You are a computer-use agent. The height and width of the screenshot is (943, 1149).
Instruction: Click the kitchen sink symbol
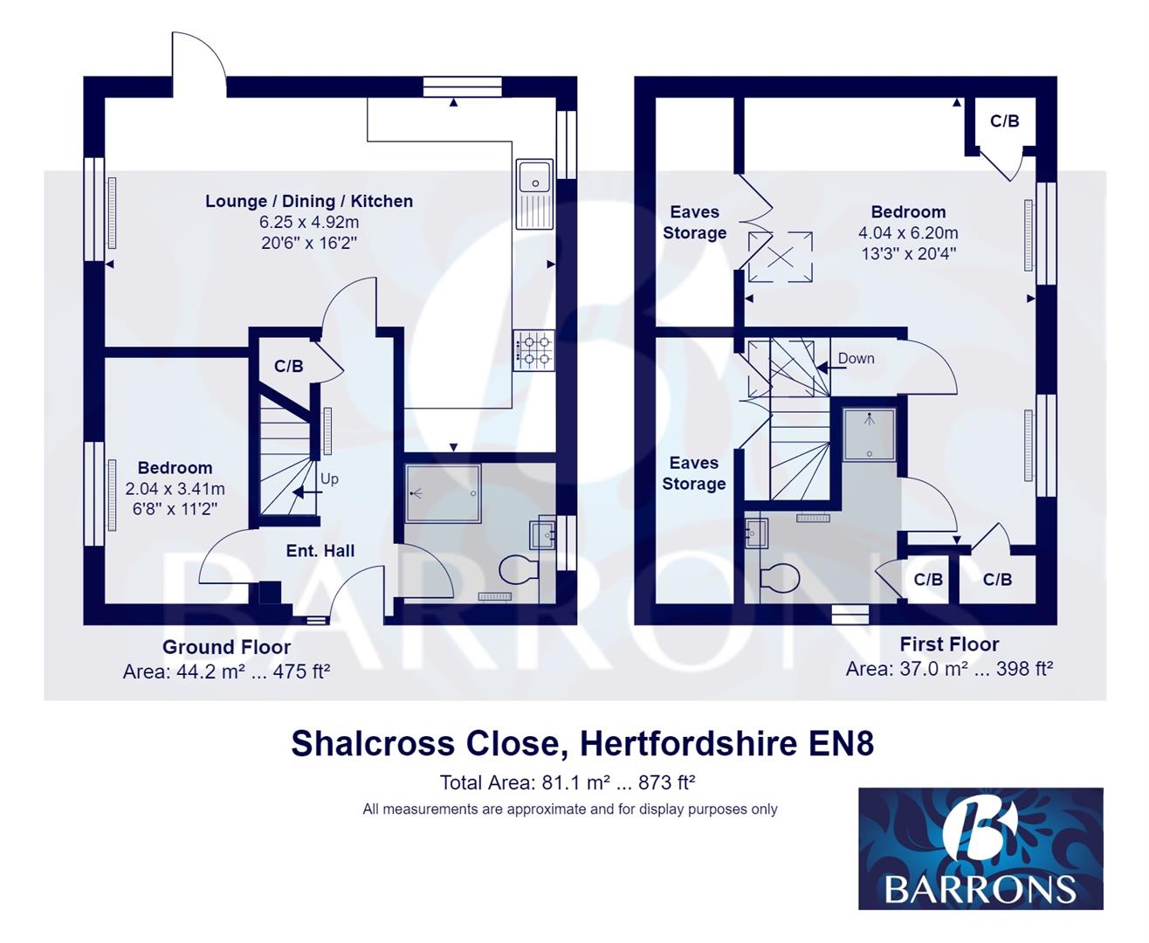533,194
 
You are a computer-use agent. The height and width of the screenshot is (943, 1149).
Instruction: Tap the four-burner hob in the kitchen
533,349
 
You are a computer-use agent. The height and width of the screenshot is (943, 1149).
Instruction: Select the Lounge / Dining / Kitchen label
309,201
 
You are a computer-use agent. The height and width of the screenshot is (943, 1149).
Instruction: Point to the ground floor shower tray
443,493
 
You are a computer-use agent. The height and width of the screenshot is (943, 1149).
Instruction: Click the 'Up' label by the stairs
329,478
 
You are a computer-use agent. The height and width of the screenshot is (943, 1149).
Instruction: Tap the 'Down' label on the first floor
856,358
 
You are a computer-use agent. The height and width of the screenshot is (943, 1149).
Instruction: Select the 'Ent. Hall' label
320,551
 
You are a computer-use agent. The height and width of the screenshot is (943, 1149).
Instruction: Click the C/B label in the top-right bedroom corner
1004,121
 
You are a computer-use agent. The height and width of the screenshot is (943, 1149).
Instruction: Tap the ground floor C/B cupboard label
288,366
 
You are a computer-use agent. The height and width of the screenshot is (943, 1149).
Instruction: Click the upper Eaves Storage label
694,223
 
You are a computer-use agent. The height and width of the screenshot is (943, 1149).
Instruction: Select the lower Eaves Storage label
694,473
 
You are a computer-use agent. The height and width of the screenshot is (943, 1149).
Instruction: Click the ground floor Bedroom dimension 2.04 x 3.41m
175,489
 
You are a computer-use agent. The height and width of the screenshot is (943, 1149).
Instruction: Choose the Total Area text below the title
568,782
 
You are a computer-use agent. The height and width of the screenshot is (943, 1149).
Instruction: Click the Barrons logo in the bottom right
980,848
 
